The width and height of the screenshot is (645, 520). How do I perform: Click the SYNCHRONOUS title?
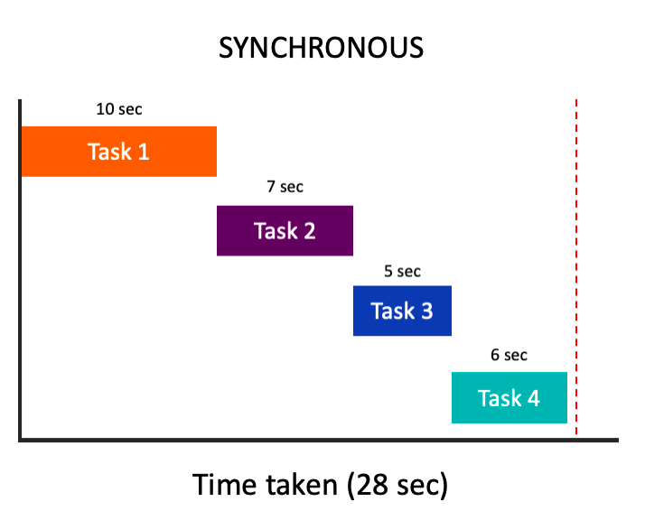click(x=322, y=47)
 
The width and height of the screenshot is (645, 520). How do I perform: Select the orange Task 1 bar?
click(x=118, y=151)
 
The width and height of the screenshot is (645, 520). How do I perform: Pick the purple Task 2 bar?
click(x=285, y=230)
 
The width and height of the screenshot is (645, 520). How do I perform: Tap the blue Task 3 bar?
click(x=402, y=311)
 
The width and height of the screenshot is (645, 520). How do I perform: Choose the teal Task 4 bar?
click(x=509, y=397)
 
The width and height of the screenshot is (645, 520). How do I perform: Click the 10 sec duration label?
click(x=118, y=110)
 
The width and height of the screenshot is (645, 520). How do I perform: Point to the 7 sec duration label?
click(x=285, y=188)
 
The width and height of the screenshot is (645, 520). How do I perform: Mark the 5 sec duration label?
click(x=402, y=271)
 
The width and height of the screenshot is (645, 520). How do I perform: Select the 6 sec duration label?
click(x=509, y=355)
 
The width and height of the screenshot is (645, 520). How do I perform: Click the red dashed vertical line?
click(x=576, y=271)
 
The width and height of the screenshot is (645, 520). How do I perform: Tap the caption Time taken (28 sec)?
click(x=321, y=485)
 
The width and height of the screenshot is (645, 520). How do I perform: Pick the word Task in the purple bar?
click(x=274, y=230)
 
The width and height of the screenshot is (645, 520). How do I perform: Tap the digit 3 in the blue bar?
click(x=425, y=311)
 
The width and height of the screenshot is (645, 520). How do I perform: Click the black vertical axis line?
click(x=19, y=271)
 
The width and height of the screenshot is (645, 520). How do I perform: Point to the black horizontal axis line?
click(x=316, y=441)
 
